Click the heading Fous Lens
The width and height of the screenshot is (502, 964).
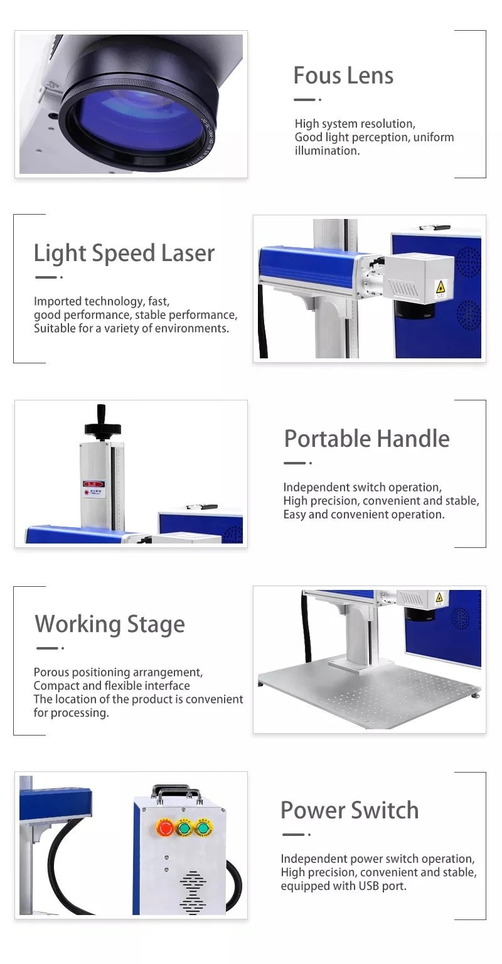(343, 76)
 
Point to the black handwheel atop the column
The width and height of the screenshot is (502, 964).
(102, 426)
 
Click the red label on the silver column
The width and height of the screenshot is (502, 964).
(93, 484)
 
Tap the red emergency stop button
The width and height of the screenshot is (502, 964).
(165, 828)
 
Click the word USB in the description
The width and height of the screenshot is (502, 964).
(369, 886)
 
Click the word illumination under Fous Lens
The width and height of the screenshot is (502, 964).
(327, 151)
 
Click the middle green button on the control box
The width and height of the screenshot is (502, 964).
(185, 828)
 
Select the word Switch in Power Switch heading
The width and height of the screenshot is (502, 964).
(385, 810)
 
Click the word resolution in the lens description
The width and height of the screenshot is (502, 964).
(388, 124)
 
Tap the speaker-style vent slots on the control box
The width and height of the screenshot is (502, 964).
(193, 892)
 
